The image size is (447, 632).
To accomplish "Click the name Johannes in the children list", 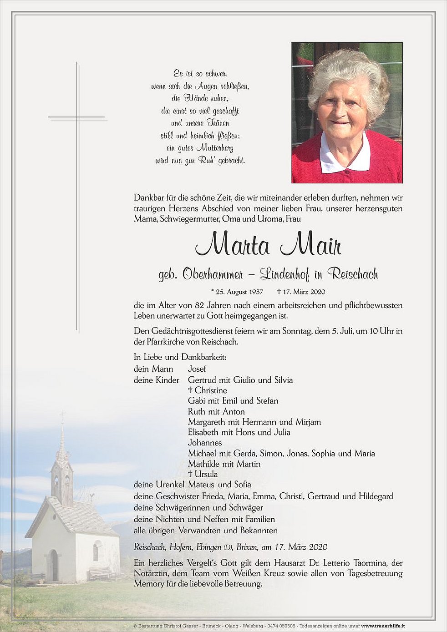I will [205, 443].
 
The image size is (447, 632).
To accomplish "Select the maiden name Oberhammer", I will [212, 274].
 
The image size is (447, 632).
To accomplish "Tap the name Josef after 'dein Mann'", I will [197, 369].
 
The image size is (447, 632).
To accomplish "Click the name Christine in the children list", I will [211, 390].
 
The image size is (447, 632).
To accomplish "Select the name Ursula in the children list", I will [206, 474].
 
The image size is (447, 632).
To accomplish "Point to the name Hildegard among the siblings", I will [376, 496].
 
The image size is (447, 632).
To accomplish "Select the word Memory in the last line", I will [149, 584].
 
